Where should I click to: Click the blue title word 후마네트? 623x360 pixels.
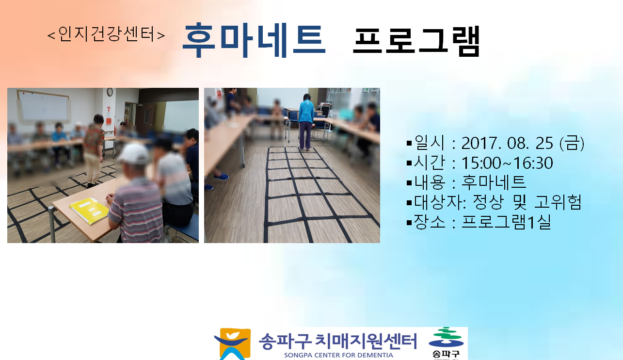[254, 40]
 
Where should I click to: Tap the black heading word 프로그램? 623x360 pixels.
[416, 41]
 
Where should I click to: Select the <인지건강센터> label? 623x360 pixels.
[106, 34]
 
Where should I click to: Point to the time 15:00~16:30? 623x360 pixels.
[507, 163]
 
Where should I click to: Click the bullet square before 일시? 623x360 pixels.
[409, 144]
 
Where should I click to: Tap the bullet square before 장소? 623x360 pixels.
[409, 223]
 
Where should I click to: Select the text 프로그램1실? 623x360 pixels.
[506, 222]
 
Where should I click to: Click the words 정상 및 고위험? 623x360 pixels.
[527, 202]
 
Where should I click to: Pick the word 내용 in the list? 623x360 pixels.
[430, 182]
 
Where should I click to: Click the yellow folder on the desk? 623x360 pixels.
[89, 210]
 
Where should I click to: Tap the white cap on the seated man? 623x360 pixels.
[134, 154]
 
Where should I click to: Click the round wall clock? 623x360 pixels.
[110, 92]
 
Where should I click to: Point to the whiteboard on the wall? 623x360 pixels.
[43, 106]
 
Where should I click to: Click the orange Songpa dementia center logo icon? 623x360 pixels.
[233, 344]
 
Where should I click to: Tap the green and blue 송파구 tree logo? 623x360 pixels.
[446, 343]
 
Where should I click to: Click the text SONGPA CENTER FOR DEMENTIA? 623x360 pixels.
[338, 355]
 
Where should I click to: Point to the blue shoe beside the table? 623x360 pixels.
[222, 177]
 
